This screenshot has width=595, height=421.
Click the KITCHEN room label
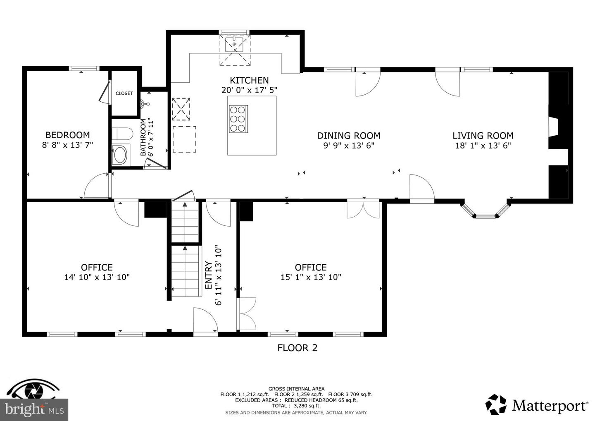coord(249,80)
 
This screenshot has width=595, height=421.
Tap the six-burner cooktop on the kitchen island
coord(238,119)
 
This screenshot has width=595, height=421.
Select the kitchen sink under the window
coord(234,45)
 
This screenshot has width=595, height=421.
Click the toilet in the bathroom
coord(122,134)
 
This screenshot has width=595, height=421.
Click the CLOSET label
coord(124,93)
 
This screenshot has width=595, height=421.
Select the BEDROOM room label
coord(67,135)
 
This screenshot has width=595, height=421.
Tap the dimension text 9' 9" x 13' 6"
coord(348,146)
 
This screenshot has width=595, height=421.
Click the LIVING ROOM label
coord(483,136)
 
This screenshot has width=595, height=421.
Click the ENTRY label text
coord(209,275)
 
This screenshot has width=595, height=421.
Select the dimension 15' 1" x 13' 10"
coord(311,277)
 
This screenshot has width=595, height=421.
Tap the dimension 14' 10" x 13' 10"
coord(97,277)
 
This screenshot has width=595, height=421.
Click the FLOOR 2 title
coord(297,348)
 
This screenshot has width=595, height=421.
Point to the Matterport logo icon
coord(496,404)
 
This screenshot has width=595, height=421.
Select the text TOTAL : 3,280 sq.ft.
coord(296,406)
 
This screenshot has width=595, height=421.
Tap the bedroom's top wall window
coord(84,68)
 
